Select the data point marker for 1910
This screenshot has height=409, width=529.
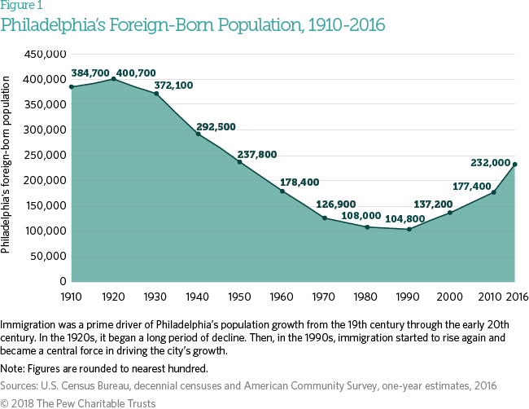(72, 87)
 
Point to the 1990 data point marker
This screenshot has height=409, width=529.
(409, 229)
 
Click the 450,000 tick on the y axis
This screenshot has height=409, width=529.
(44, 55)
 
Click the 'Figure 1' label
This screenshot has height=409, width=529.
(22, 6)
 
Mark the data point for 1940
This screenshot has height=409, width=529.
(198, 134)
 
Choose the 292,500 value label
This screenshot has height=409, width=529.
(217, 127)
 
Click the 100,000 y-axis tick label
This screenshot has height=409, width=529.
(44, 231)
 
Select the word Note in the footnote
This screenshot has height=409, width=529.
(14, 367)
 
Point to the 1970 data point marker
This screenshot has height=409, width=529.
(324, 218)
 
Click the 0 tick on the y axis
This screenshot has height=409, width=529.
(61, 281)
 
